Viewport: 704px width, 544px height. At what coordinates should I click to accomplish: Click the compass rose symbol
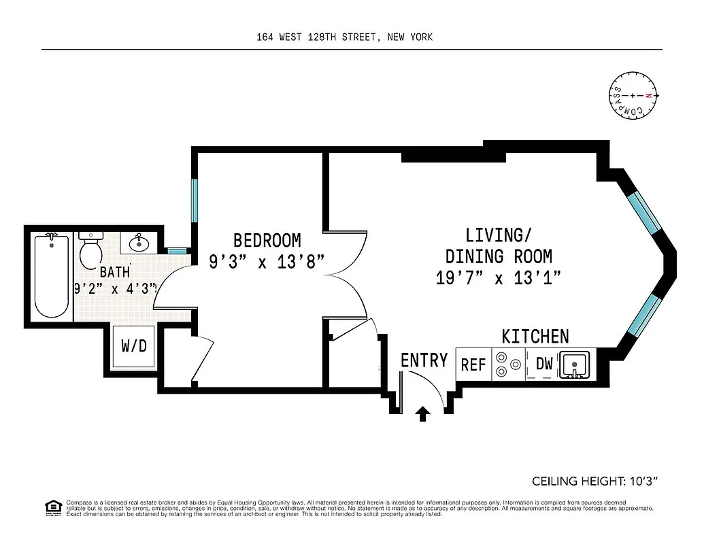coord(633,97)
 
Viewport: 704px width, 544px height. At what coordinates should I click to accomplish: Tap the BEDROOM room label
coord(267,241)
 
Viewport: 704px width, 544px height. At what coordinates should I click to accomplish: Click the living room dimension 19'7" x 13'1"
coord(499,277)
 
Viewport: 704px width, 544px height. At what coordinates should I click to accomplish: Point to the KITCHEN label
coord(535,336)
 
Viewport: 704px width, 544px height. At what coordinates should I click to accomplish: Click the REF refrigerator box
coord(473,364)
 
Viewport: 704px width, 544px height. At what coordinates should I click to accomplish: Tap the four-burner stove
coord(508,364)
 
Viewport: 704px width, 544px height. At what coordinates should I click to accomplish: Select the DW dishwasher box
coord(544,364)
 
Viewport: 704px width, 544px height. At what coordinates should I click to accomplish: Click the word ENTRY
coord(424,360)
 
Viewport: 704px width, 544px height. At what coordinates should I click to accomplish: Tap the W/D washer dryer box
coord(133,346)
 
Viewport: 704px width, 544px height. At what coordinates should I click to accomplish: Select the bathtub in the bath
coord(52,275)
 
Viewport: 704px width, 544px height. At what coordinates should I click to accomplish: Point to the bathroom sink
coord(139,242)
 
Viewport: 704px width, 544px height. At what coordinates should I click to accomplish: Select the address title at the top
coord(344,37)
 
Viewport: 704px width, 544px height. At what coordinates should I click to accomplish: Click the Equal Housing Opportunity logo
coord(52,507)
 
